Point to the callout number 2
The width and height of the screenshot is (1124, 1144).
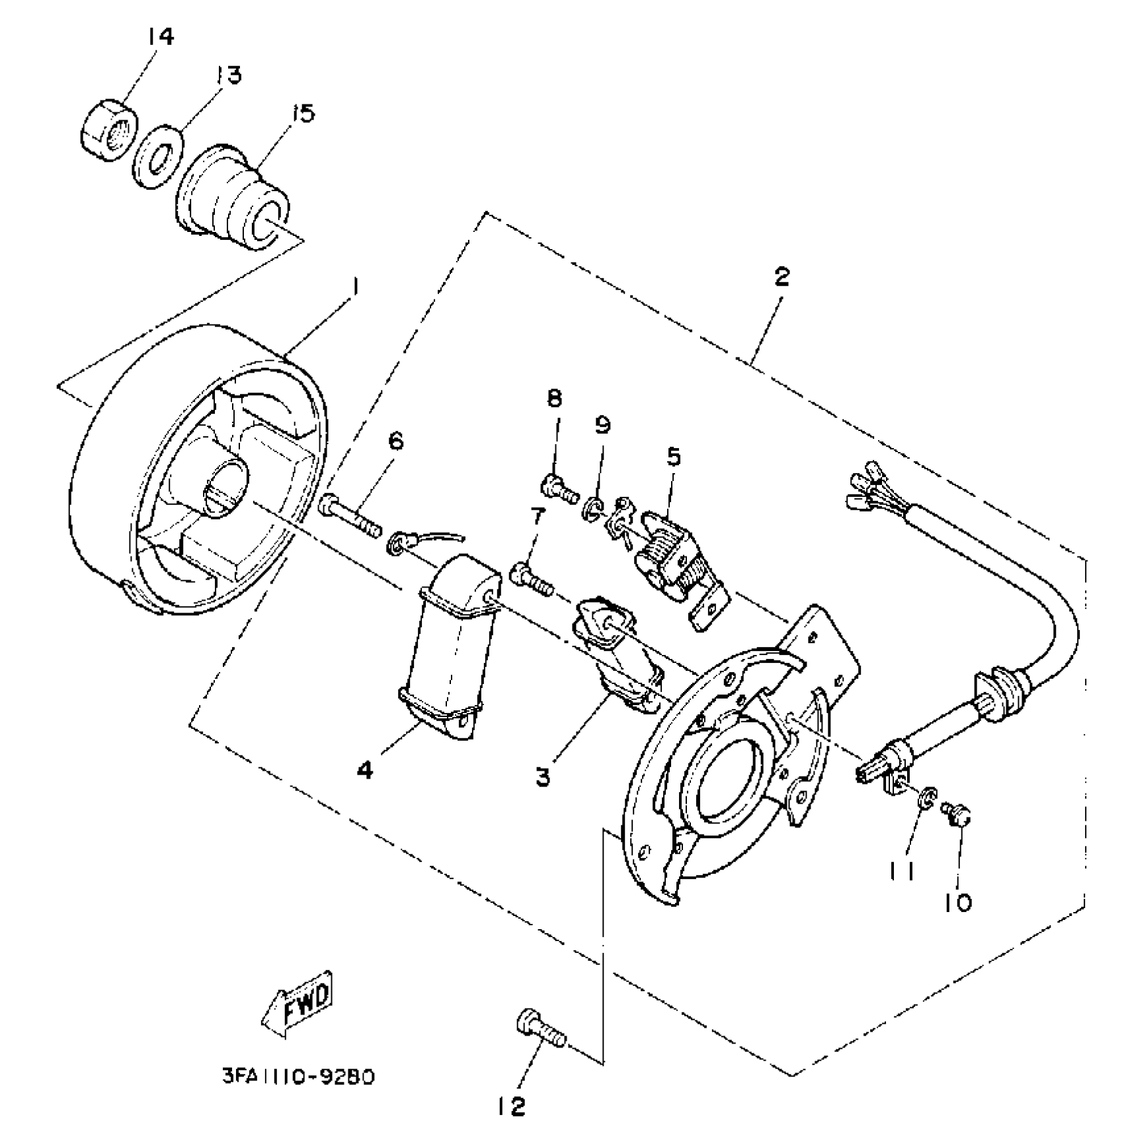click(x=782, y=276)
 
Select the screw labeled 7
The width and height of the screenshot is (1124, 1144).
click(x=532, y=580)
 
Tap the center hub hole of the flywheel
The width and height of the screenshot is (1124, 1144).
click(x=225, y=486)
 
